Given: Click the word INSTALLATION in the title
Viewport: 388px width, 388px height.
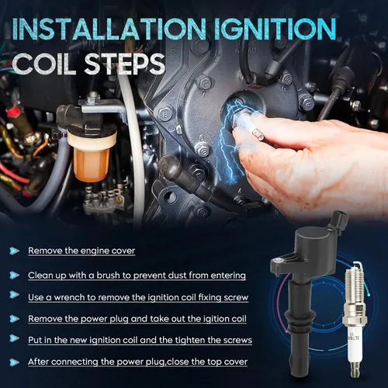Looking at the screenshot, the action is click(109, 29).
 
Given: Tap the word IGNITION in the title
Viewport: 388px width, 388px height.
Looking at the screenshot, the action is click(275, 29).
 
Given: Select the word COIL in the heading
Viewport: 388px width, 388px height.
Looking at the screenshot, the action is click(44, 64).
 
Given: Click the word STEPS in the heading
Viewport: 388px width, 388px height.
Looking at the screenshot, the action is click(125, 64).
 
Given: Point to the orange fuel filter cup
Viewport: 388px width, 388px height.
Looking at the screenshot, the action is click(92, 164).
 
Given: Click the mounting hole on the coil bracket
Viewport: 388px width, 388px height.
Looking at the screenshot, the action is click(279, 261).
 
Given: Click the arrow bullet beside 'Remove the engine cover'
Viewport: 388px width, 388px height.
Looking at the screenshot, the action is click(14, 251).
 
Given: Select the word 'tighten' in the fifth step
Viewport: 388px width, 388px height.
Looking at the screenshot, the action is click(190, 341).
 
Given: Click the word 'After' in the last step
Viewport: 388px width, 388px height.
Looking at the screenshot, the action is click(38, 362).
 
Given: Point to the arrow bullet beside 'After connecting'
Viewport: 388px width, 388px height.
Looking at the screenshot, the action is click(14, 362).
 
